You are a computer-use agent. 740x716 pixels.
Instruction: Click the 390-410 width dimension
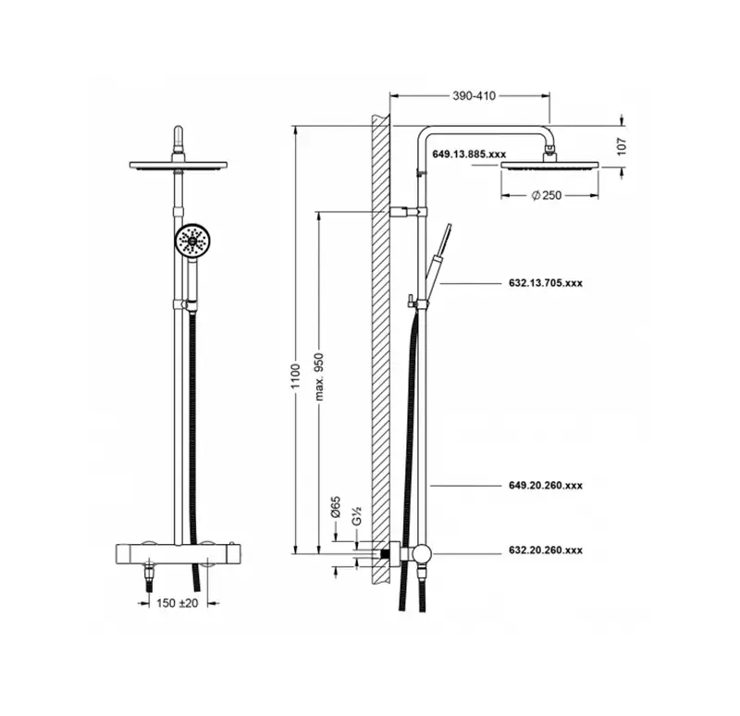(x=474, y=96)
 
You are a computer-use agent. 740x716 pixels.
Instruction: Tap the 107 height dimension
(x=622, y=146)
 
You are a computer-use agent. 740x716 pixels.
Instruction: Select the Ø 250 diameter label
(x=547, y=195)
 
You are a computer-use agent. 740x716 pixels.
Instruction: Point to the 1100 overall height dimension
(x=295, y=377)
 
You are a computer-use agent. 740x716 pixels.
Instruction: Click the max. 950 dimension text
(x=319, y=377)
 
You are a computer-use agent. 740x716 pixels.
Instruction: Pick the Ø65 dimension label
(x=336, y=507)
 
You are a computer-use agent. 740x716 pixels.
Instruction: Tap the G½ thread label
(x=357, y=515)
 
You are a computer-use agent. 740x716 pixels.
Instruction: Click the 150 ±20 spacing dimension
(x=178, y=603)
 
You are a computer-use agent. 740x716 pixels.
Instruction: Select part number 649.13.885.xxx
(x=469, y=154)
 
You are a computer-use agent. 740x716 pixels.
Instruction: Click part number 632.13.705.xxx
(x=546, y=283)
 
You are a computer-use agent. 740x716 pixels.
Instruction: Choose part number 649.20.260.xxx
(x=546, y=486)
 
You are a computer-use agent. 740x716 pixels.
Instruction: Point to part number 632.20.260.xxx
(x=546, y=549)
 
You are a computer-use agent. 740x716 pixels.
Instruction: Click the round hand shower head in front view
(x=192, y=240)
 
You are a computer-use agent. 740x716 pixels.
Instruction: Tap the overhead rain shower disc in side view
(x=549, y=166)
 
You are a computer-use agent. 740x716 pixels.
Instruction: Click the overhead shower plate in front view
(x=179, y=166)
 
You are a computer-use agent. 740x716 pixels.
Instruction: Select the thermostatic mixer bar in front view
(x=179, y=553)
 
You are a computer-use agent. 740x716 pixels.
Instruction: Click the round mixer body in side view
(x=421, y=553)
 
